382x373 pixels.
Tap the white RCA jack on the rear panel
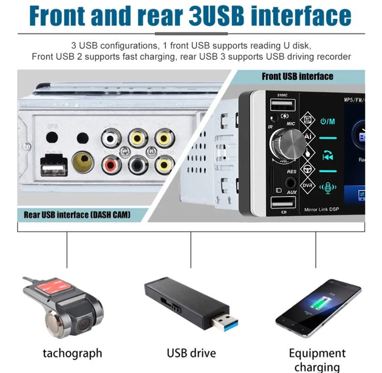(x=110, y=140)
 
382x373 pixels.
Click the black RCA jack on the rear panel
(x=138, y=164)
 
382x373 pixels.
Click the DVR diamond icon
(x=308, y=186)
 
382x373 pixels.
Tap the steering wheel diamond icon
(x=308, y=169)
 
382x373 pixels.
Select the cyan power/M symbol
(x=328, y=121)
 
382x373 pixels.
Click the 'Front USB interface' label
(x=297, y=76)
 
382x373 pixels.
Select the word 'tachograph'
(x=72, y=353)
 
